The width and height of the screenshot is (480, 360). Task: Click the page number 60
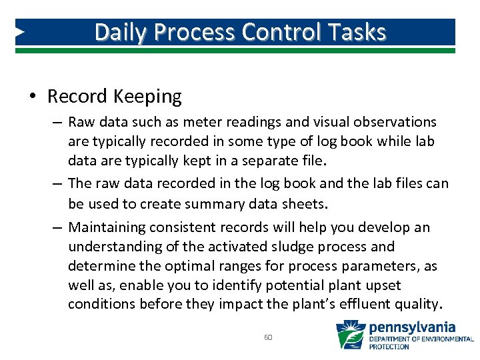coord(268,337)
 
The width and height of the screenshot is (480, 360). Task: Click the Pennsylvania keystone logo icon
coord(350,335)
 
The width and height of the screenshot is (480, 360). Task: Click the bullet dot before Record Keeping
coord(32,97)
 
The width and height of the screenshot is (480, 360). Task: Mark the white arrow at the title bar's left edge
coord(21,32)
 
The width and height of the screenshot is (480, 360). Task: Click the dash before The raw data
coord(58,183)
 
